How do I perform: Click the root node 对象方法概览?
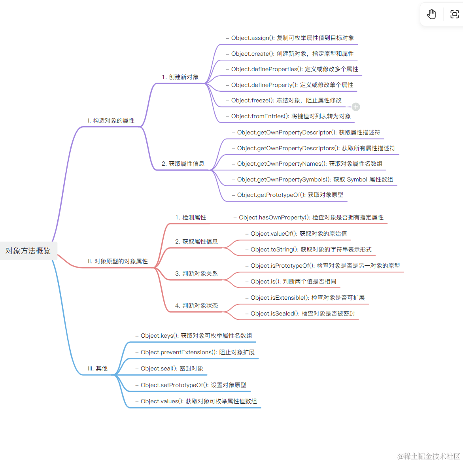coord(28,251)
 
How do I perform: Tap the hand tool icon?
coord(431,14)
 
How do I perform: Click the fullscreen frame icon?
coord(454,14)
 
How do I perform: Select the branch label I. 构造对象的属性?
coord(111,121)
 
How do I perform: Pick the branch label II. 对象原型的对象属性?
coord(118,261)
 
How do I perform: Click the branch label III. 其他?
coord(98,368)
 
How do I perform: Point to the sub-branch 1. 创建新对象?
coord(180,77)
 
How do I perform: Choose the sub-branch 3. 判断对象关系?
coord(197,274)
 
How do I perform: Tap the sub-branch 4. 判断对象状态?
coord(197,305)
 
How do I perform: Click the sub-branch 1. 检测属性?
coord(191,217)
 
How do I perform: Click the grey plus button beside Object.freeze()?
coord(356,107)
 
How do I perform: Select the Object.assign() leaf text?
coord(290,38)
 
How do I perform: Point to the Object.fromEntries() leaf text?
coord(289,116)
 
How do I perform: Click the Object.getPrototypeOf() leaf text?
coord(287,195)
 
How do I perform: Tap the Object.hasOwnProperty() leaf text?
coord(308,217)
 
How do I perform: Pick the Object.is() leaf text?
coord(291,282)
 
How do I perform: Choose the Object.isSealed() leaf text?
coord(300,313)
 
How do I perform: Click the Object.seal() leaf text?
coord(170,369)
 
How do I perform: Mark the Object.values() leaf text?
coord(196,401)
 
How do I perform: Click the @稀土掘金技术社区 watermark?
coord(429,456)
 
